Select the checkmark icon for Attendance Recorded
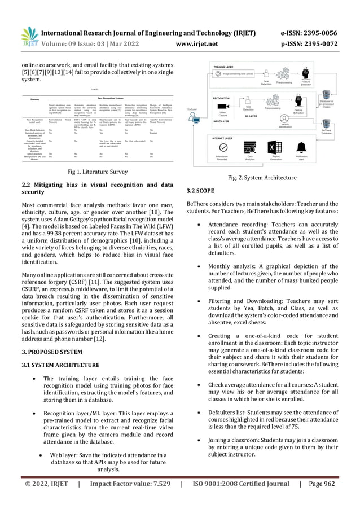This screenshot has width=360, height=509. tap(222, 148)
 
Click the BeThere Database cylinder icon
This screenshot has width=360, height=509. tap(326, 120)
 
